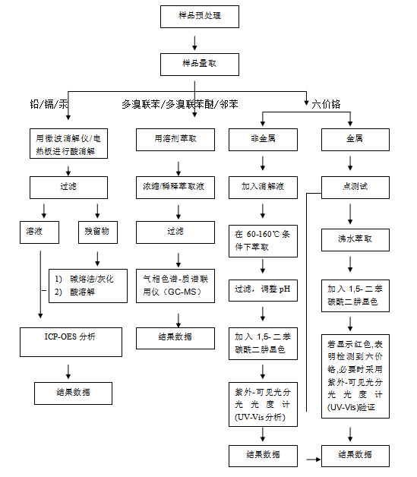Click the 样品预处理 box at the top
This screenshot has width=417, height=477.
click(200, 17)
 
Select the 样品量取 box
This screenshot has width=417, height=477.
click(200, 65)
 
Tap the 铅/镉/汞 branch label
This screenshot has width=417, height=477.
click(49, 104)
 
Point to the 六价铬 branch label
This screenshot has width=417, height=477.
click(326, 104)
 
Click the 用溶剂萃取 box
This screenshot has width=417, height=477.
click(175, 140)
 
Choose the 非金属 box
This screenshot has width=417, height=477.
click(263, 140)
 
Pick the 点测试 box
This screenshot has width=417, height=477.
click(355, 188)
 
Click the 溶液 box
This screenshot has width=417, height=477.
click(39, 232)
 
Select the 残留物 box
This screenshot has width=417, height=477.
click(98, 232)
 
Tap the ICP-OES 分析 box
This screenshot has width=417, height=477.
click(71, 342)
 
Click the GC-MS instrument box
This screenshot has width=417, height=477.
click(175, 286)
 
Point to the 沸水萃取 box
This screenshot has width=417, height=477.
click(355, 240)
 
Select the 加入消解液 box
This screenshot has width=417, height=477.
click(263, 188)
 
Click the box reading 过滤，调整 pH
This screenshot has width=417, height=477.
click(263, 290)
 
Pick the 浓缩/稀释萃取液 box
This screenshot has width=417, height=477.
click(175, 188)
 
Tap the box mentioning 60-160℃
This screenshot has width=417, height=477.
click(263, 241)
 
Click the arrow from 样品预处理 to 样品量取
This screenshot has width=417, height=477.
click(194, 43)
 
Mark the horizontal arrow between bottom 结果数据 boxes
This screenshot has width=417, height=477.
click(313, 460)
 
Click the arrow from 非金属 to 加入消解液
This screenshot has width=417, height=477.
click(263, 163)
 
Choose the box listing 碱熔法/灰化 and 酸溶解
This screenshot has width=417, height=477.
click(88, 286)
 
